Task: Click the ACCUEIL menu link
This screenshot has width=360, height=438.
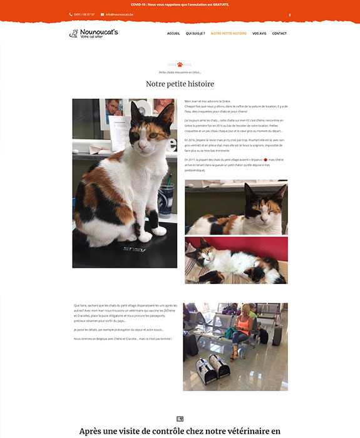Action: [173, 33]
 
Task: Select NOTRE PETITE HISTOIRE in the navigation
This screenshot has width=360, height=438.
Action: [229, 33]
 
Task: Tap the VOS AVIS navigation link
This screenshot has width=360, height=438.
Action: [259, 33]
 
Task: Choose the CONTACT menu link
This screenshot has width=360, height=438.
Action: [279, 33]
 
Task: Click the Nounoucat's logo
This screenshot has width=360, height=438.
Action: [93, 33]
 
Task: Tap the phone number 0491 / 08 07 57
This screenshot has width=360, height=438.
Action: [84, 14]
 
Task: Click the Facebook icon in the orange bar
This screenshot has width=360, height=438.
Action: [289, 14]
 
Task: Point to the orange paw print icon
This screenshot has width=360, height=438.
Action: [180, 64]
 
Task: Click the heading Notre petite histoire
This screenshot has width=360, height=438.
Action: [180, 84]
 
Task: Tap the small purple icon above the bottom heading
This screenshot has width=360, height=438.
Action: [180, 419]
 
